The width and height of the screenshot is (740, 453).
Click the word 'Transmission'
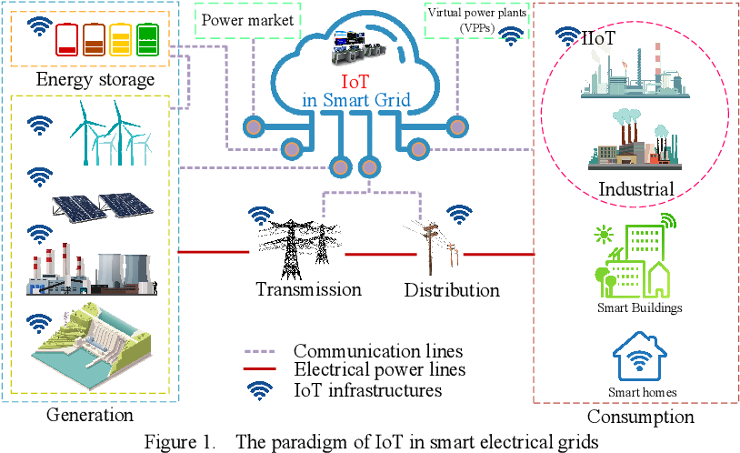pos(308,290)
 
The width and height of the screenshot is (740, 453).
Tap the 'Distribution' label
pos(452,291)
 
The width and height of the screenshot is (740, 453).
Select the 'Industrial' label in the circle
pos(636,189)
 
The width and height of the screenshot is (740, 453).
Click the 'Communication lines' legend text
pos(378,351)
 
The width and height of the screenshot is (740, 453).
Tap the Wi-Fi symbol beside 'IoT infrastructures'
pos(261,391)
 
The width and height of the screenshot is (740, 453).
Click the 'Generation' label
pos(89,416)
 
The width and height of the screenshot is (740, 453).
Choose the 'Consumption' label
pos(640,418)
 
